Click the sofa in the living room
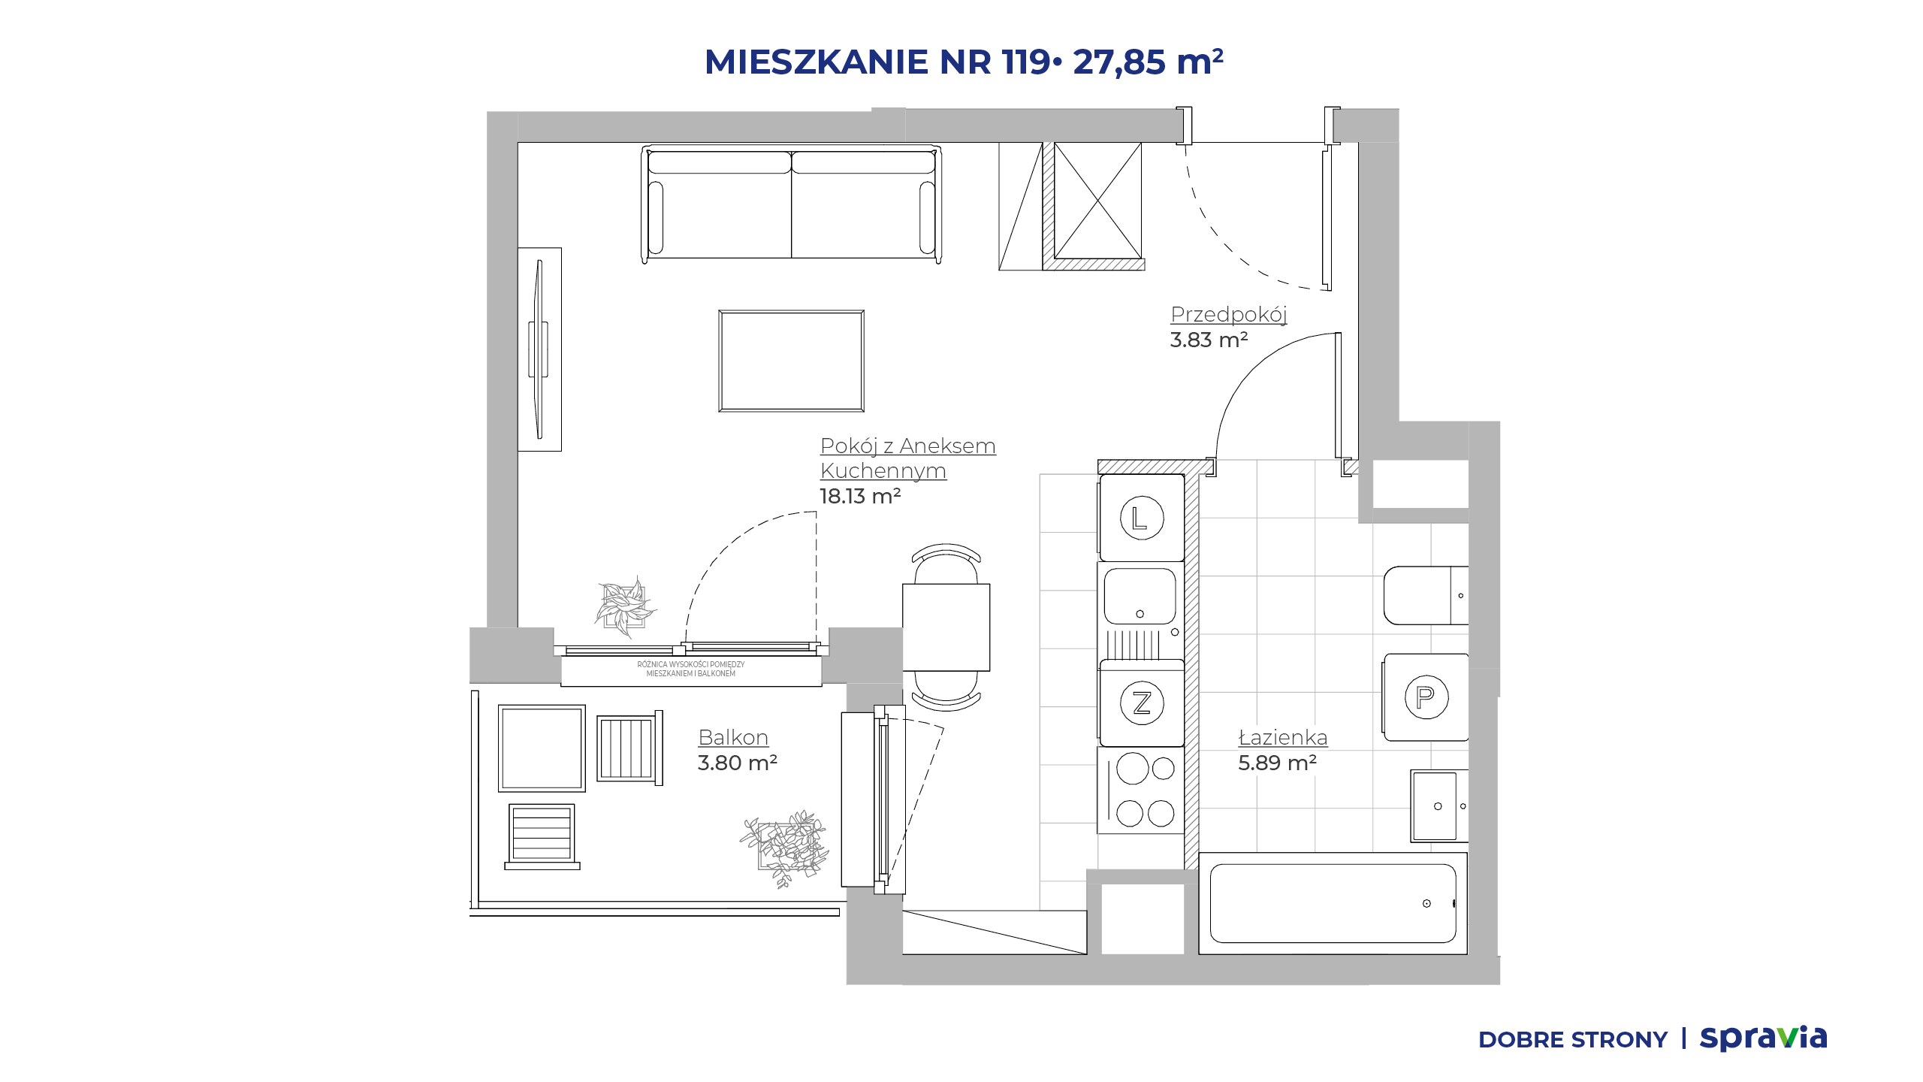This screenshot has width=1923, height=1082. pos(791,204)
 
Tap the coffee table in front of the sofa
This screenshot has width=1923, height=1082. pos(791,361)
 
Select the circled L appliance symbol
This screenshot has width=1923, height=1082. pos(1142,518)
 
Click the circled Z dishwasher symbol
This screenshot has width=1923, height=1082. pos(1142,703)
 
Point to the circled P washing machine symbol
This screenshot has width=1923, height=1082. pos(1426,697)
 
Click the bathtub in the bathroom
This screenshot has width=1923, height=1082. pos(1333,903)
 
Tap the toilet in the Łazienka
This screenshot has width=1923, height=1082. pos(1426,596)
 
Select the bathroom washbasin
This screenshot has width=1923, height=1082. pos(1439,805)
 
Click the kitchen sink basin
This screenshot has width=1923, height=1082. pos(1140,597)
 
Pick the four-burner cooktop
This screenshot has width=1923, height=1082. pos(1141,790)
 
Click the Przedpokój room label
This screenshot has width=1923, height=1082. pos(1229,315)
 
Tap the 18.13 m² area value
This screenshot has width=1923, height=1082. pos(860,496)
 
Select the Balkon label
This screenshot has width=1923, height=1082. pos(733,737)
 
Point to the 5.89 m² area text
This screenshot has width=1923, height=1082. pos(1277,763)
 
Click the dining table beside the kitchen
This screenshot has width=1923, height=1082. pos(946,627)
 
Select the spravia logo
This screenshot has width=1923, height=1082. pos(1763,1038)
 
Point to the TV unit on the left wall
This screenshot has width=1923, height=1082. pos(539,349)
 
